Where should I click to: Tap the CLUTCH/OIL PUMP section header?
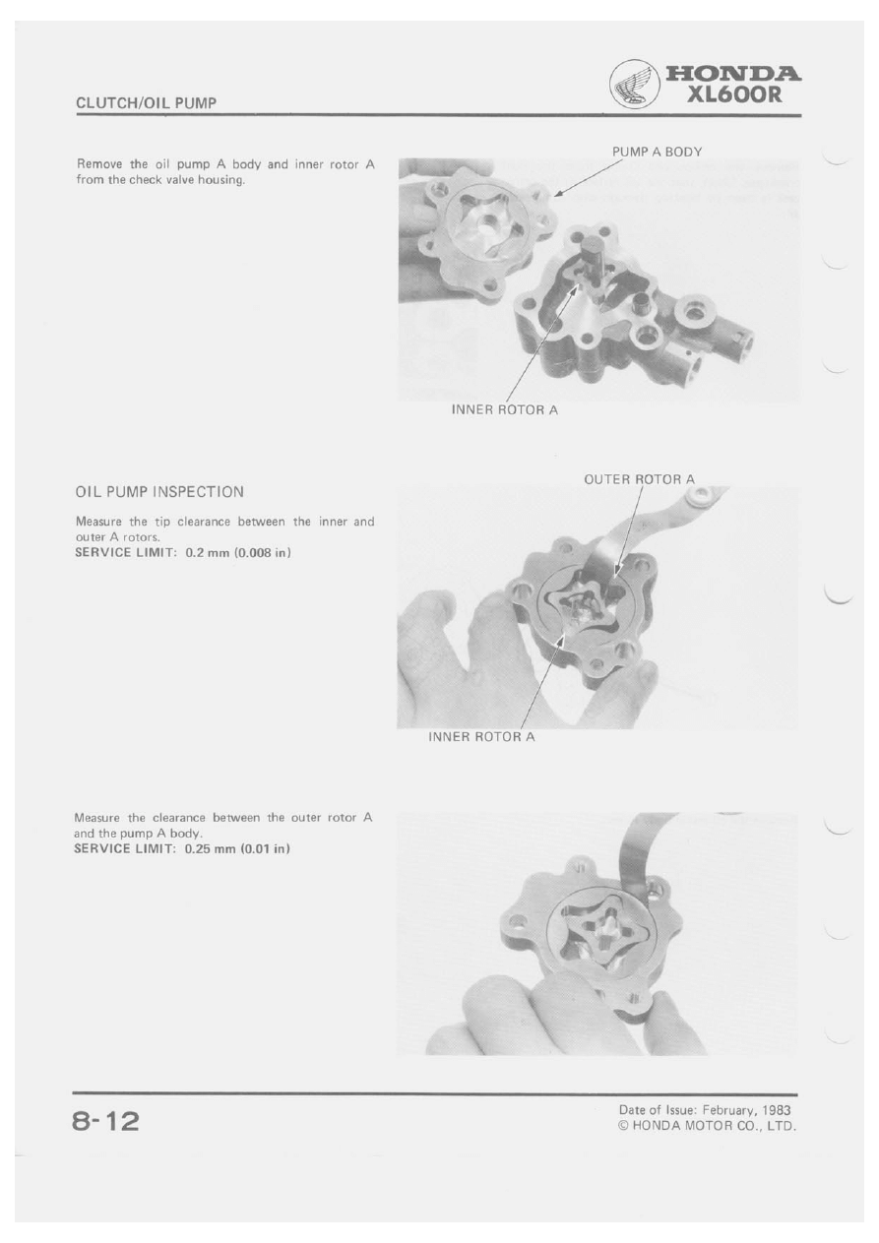[146, 103]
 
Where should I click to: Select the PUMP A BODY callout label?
[657, 152]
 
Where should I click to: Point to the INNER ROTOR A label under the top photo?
[504, 410]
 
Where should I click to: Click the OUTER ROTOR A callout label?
[639, 479]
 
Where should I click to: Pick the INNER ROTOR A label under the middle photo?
[481, 737]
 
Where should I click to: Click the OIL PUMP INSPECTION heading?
[159, 492]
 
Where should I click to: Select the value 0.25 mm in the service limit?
[210, 849]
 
